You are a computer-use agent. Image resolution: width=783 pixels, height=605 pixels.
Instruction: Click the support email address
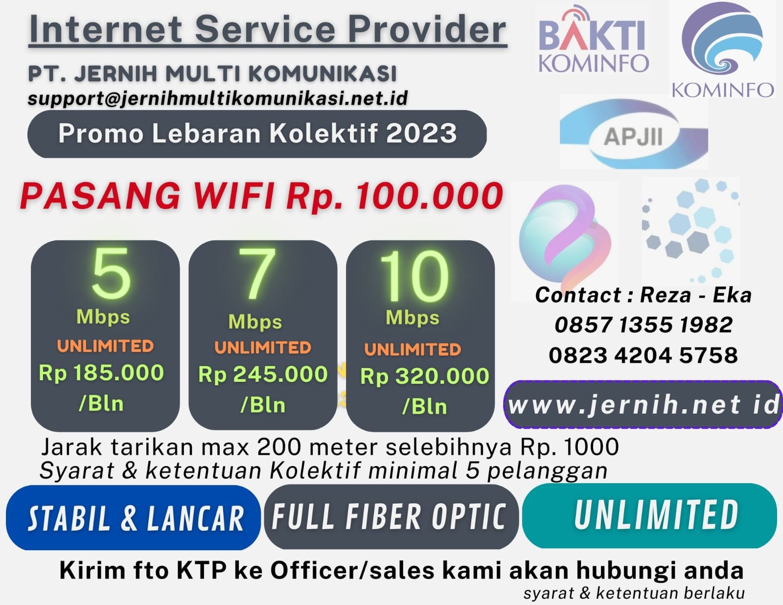click(x=218, y=98)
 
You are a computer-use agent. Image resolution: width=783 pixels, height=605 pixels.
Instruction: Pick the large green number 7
click(x=257, y=274)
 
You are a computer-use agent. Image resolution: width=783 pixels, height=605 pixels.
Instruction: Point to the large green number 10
click(x=415, y=276)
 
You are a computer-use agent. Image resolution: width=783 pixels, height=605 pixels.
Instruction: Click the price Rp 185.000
click(x=101, y=372)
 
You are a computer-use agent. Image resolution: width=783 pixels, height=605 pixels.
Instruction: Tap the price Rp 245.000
click(x=263, y=374)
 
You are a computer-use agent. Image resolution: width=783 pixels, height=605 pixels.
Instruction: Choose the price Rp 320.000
click(x=425, y=376)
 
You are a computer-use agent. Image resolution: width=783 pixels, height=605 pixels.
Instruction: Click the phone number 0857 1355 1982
click(x=644, y=325)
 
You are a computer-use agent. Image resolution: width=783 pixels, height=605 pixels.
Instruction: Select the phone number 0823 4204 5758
click(x=644, y=355)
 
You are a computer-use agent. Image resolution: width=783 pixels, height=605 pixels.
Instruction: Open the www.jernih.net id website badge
click(x=643, y=404)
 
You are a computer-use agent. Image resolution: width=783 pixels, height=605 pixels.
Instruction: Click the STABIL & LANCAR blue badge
click(x=133, y=517)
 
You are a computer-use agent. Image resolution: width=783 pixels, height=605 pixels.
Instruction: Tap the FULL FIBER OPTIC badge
click(x=391, y=517)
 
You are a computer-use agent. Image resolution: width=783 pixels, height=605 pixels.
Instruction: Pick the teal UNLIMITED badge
click(x=650, y=515)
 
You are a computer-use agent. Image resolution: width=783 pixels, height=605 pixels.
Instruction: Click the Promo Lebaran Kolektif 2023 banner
click(x=257, y=134)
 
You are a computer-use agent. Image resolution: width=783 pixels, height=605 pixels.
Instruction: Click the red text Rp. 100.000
click(x=394, y=196)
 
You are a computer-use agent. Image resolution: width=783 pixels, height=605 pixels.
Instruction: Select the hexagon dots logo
click(x=691, y=231)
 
